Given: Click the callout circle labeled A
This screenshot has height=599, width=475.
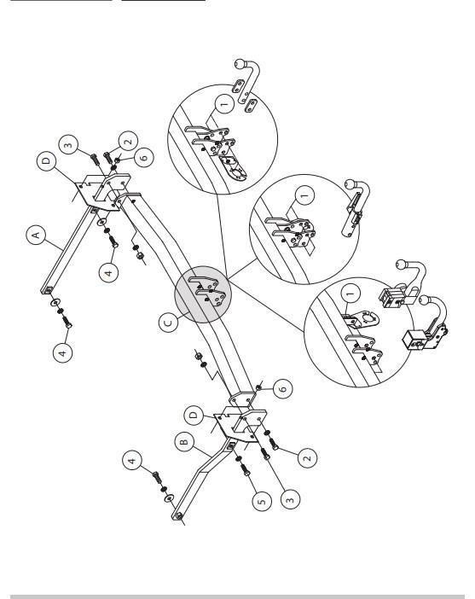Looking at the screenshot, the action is click(x=37, y=235).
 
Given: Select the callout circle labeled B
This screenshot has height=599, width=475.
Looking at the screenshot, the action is click(x=184, y=442).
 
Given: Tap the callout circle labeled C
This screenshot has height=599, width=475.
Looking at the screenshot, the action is click(x=168, y=323).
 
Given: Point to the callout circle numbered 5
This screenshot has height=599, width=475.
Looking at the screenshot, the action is click(x=262, y=501).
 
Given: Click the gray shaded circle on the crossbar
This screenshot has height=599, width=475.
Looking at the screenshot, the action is click(x=203, y=295).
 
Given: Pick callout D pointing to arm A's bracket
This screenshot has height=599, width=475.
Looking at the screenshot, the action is click(x=47, y=160).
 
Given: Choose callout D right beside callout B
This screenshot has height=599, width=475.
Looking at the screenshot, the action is click(x=194, y=416).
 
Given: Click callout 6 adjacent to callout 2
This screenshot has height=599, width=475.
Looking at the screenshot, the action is click(x=144, y=157).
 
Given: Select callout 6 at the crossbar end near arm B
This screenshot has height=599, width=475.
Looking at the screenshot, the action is click(x=283, y=389).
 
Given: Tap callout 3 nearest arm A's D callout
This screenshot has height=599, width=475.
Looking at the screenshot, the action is click(x=69, y=145).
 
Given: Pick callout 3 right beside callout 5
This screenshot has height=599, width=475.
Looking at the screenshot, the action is click(x=290, y=499).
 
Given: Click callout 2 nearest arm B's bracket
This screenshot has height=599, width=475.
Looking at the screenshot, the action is click(x=307, y=457).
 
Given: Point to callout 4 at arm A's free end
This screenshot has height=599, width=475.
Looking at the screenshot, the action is click(x=63, y=352).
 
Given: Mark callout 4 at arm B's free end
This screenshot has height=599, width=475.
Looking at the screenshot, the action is click(x=132, y=460).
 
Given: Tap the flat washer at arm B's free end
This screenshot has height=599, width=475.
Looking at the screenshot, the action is click(x=169, y=497).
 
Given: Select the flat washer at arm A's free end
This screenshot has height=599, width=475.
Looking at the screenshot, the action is click(x=55, y=303).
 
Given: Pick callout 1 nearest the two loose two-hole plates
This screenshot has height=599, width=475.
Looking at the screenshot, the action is click(x=224, y=103).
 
